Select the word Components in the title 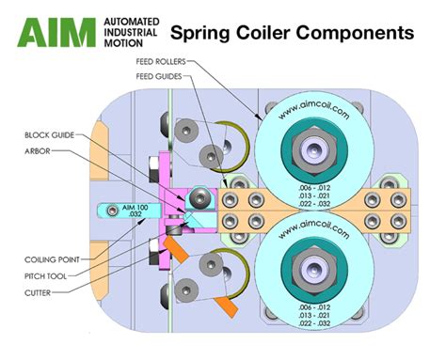pos(360,33)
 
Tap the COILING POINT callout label pos(46,258)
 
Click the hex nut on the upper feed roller pos(311,145)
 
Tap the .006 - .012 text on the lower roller pos(311,306)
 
